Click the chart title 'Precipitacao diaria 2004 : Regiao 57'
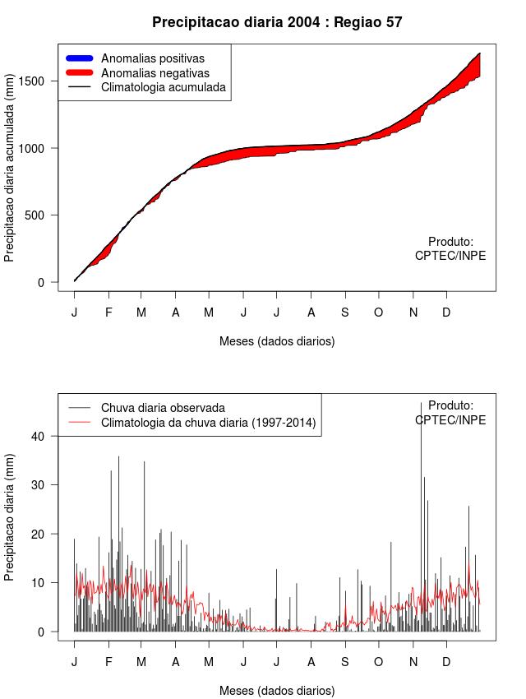click(277, 22)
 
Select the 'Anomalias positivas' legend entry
click(152, 58)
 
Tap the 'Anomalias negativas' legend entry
click(155, 73)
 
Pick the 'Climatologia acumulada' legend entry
click(163, 87)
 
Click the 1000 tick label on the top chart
click(39, 148)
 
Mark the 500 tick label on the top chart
click(43, 215)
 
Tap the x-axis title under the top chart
click(277, 340)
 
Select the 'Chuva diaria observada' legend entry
click(163, 408)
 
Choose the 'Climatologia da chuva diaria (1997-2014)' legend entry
click(208, 423)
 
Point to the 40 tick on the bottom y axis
click(48, 436)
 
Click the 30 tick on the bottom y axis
click(48, 485)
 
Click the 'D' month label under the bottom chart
click(446, 662)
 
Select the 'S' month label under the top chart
click(344, 312)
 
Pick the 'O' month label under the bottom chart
click(378, 662)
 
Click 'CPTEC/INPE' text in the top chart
click(450, 256)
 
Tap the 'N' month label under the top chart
click(413, 312)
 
